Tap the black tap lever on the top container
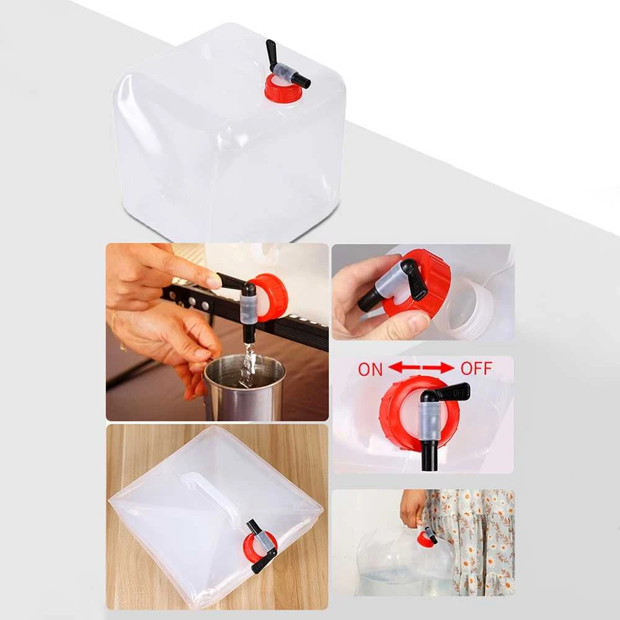[x=272, y=52]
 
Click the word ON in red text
[x=370, y=370]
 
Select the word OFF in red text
[x=476, y=368]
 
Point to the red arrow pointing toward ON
[x=404, y=368]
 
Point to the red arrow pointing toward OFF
[x=438, y=368]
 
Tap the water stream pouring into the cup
[x=247, y=364]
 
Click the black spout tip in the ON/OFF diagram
[x=429, y=458]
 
